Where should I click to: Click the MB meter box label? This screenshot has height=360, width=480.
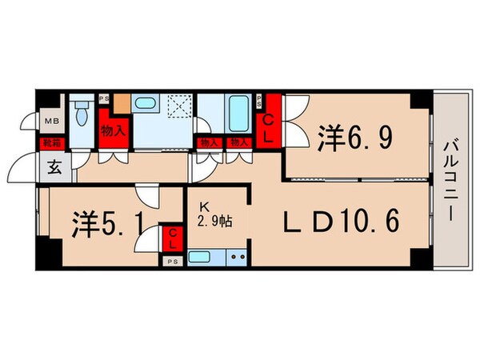point(50,122)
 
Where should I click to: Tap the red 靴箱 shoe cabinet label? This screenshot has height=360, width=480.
point(50,145)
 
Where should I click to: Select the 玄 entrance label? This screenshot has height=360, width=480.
point(54,167)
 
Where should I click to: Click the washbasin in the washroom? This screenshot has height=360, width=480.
point(146,104)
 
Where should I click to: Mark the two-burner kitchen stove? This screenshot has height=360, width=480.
point(236,258)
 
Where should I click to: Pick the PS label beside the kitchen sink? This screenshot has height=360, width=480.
point(172,261)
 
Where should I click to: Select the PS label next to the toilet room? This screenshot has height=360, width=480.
point(103,98)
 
